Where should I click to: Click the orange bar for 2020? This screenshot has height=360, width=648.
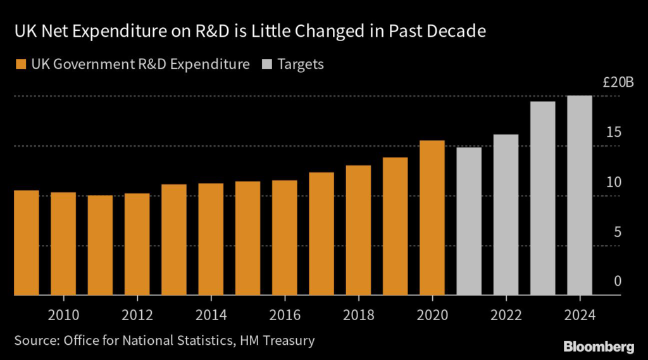pyautogui.click(x=432, y=218)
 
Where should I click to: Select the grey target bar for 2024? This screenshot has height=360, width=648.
pyautogui.click(x=580, y=196)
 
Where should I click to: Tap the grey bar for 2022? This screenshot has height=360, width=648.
pyautogui.click(x=506, y=215)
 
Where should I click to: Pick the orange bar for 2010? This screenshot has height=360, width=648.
pyautogui.click(x=63, y=244)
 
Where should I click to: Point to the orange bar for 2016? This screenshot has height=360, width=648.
pyautogui.click(x=285, y=238)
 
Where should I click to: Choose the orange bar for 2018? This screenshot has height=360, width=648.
pyautogui.click(x=358, y=230)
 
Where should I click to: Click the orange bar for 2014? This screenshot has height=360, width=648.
pyautogui.click(x=211, y=239)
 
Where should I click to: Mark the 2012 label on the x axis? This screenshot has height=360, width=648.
pyautogui.click(x=137, y=315)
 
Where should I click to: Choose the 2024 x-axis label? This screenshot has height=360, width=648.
pyautogui.click(x=580, y=315)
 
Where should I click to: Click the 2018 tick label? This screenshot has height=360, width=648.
pyautogui.click(x=358, y=315)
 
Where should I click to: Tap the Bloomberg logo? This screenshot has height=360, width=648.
pyautogui.click(x=598, y=346)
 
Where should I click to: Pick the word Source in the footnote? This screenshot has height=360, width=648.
pyautogui.click(x=35, y=341)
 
